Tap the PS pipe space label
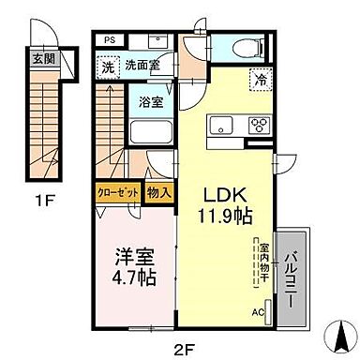[109, 40]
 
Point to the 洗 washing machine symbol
[109, 67]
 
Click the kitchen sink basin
[222, 125]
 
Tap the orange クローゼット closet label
[118, 193]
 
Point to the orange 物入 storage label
[158, 193]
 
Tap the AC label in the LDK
[257, 313]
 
